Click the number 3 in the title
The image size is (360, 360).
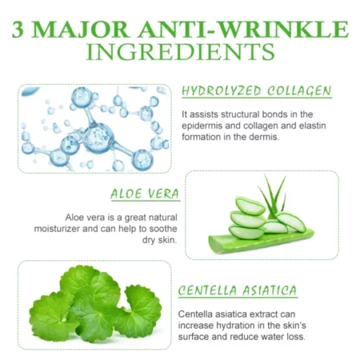(x=18, y=30)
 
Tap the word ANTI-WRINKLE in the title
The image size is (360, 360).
(x=243, y=30)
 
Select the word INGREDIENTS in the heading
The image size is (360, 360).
(x=180, y=52)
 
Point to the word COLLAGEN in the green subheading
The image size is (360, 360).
(x=299, y=91)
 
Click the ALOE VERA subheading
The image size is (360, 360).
(x=145, y=194)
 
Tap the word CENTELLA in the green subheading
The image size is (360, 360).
(x=208, y=290)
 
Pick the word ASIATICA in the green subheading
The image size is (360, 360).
(x=270, y=290)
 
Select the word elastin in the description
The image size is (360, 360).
(x=313, y=126)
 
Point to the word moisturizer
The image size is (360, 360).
(x=57, y=229)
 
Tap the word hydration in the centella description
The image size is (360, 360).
(x=235, y=325)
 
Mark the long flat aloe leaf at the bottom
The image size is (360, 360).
(x=261, y=241)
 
